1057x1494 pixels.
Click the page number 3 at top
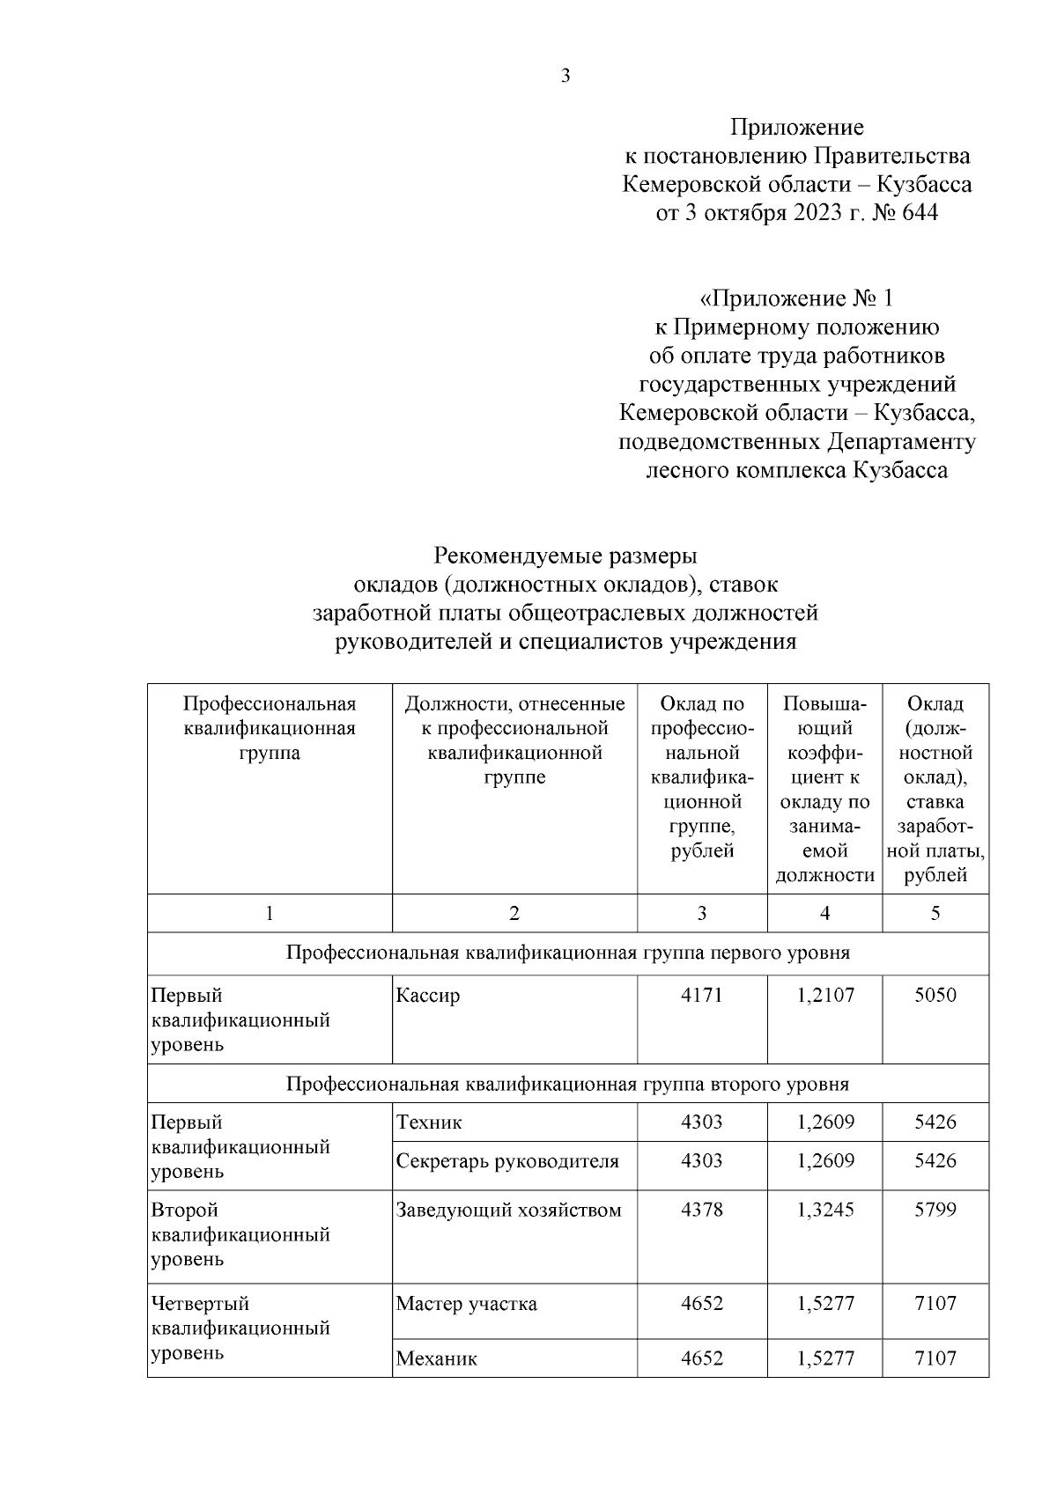(565, 76)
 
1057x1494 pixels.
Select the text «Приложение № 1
(796, 298)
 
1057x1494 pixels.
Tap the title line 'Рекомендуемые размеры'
(565, 556)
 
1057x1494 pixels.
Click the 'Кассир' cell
(428, 996)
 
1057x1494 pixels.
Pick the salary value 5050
(935, 996)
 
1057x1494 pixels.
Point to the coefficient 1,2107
(824, 996)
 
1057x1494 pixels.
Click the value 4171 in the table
(701, 996)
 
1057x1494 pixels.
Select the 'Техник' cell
(429, 1122)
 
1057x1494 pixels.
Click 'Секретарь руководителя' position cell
(507, 1161)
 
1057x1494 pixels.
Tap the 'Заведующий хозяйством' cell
(508, 1211)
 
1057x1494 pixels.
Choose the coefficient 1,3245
(824, 1211)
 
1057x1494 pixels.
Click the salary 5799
(935, 1211)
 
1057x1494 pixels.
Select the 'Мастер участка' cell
(466, 1304)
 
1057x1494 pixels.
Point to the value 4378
(701, 1211)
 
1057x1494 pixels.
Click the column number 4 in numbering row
(824, 914)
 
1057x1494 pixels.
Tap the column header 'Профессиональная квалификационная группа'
(269, 728)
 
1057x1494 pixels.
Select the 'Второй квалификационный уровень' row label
(240, 1234)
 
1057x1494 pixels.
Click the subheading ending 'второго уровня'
(567, 1084)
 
